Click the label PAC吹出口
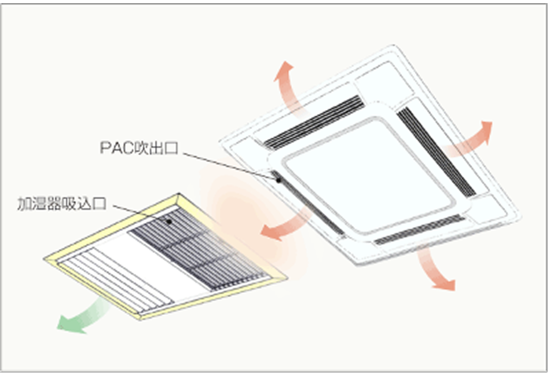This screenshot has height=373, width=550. click(x=139, y=148)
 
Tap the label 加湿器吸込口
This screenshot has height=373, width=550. click(x=62, y=203)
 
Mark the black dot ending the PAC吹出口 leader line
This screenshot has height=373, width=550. click(x=279, y=180)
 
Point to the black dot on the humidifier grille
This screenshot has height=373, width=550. click(x=169, y=222)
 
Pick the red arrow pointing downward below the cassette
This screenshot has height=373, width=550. click(x=435, y=270)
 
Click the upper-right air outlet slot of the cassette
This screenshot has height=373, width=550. click(x=437, y=151)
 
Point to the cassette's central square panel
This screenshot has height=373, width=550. click(x=368, y=176)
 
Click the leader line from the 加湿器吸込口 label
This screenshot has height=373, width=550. click(x=141, y=213)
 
